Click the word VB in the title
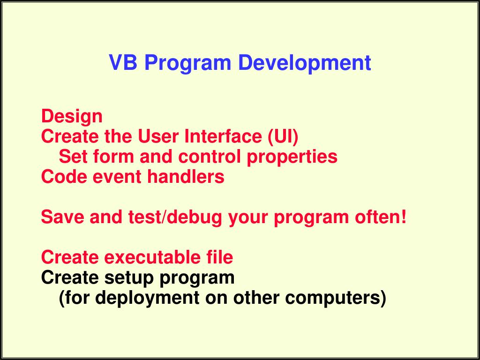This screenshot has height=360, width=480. click(123, 62)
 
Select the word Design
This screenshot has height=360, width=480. click(72, 117)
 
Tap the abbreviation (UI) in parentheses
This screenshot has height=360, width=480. click(283, 137)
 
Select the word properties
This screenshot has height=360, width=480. click(292, 157)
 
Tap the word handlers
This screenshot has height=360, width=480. click(186, 177)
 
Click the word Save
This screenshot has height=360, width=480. click(62, 217)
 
